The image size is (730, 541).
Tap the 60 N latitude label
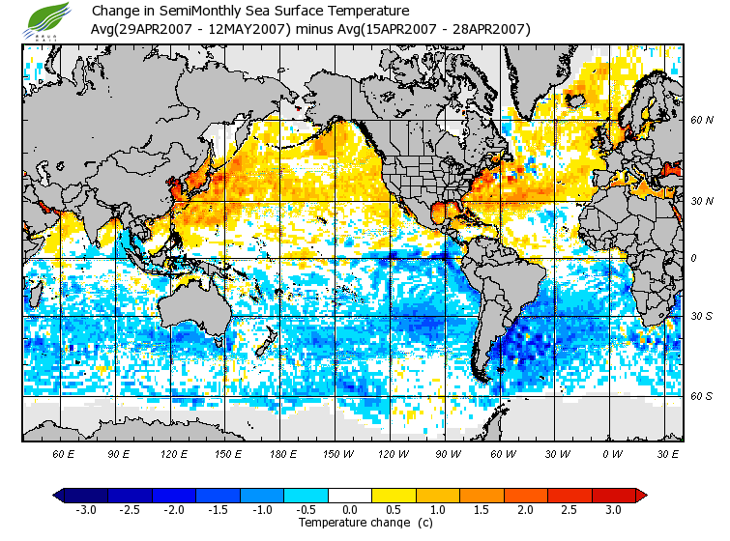(x=701, y=121)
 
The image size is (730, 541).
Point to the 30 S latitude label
(x=701, y=317)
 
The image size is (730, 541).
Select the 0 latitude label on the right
(x=693, y=258)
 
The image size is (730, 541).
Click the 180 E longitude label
(x=283, y=453)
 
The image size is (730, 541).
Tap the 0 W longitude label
(x=612, y=453)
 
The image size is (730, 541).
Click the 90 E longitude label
(x=120, y=453)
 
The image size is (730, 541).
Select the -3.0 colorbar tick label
(x=86, y=509)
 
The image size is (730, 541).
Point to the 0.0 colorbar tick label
(x=350, y=509)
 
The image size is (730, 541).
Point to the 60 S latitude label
(x=701, y=396)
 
